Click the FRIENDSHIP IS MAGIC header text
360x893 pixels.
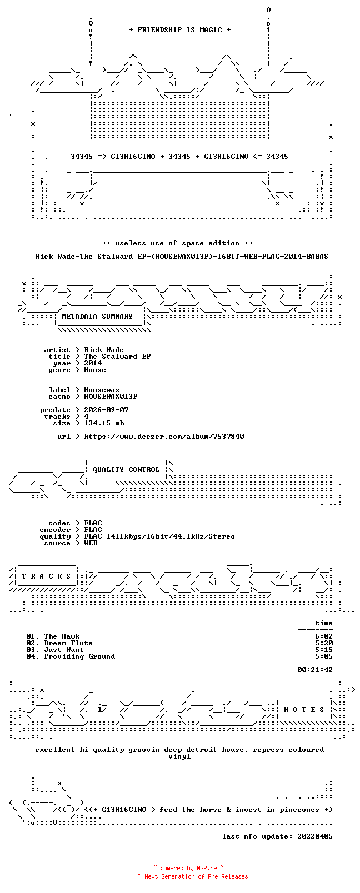[x=180, y=30]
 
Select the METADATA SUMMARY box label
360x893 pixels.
[x=97, y=317]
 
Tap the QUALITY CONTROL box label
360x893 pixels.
[x=126, y=470]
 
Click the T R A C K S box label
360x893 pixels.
[x=46, y=576]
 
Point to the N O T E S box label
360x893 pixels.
[x=304, y=710]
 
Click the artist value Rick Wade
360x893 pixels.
[x=104, y=350]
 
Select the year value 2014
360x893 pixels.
[x=93, y=363]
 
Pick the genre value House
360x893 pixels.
[x=95, y=370]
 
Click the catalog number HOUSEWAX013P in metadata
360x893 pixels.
[x=111, y=397]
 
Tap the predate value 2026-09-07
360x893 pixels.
[x=106, y=410]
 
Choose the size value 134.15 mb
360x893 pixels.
[x=104, y=423]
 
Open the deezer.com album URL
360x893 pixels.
[x=164, y=437]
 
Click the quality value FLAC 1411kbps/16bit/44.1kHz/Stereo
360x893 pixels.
[x=159, y=536]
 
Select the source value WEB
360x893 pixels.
[x=91, y=543]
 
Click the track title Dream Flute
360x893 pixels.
[x=68, y=643]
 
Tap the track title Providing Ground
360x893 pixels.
[x=79, y=656]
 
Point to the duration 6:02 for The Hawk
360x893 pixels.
[x=324, y=636]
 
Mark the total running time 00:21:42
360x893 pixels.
[x=315, y=670]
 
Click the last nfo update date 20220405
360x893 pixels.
[x=315, y=836]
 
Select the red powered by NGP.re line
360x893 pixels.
[x=188, y=868]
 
